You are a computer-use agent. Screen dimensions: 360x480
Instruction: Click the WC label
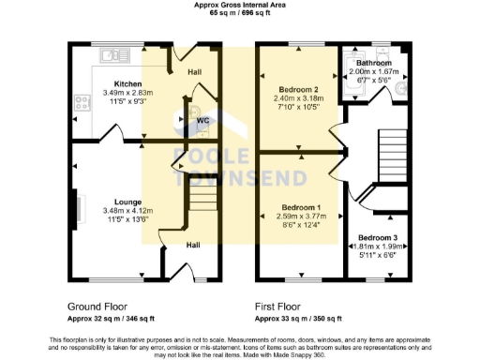pos(202,121)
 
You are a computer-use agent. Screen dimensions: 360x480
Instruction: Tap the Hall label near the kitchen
pos(194,71)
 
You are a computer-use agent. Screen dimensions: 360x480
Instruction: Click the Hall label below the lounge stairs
pos(192,245)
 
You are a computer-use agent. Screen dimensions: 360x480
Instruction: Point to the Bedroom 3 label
pos(378,238)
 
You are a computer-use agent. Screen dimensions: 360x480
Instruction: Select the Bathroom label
pos(380,63)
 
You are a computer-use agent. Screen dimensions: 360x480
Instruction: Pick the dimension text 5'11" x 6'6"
pos(378,255)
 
